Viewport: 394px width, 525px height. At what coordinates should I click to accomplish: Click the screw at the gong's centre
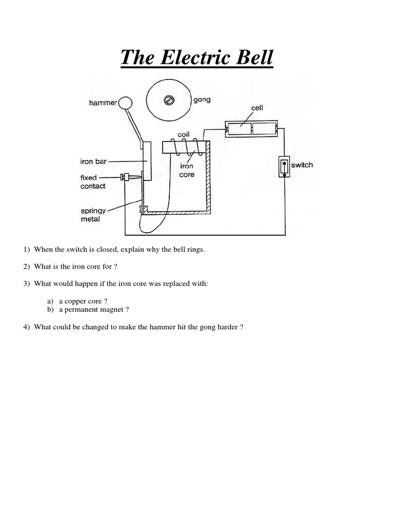pos(169,100)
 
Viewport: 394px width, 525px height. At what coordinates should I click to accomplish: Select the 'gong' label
pos(202,99)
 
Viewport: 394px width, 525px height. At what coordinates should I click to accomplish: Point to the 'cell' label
pos(257,108)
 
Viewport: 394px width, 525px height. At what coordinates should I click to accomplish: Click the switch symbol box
pos(284,166)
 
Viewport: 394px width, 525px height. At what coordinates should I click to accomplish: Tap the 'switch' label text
pos(302,165)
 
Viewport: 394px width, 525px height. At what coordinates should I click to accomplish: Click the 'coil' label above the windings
pos(184,134)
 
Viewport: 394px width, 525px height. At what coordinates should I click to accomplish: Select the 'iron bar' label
pos(93,161)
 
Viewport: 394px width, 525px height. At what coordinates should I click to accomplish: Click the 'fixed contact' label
pos(92,182)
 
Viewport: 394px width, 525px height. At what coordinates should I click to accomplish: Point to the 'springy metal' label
pos(93,215)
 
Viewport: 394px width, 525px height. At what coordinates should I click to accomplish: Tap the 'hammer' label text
pos(103,103)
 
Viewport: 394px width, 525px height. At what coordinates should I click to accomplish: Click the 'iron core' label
pos(187,171)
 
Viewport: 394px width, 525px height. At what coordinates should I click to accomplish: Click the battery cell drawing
pos(252,129)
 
